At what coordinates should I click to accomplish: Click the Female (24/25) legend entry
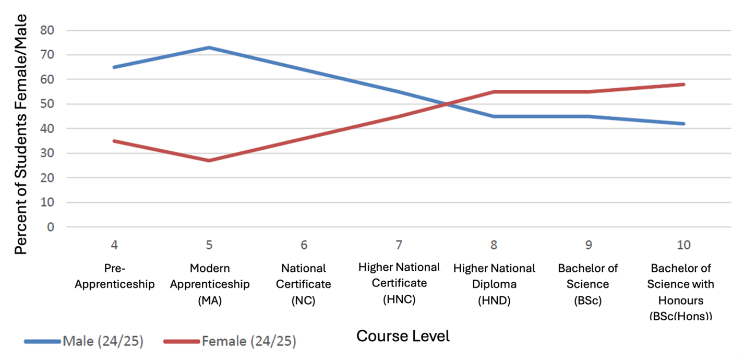pos(249,342)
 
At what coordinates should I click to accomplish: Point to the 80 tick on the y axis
pos(47,30)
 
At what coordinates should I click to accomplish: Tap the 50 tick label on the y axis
pos(47,104)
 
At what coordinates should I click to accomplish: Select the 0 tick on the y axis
pos(51,227)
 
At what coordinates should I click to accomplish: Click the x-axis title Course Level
pos(403,337)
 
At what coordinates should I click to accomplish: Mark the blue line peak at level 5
pos(209,47)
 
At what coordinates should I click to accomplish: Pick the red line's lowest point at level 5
pos(209,161)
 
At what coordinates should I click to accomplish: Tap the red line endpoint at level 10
pos(683,85)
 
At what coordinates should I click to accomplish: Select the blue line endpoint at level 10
pos(683,124)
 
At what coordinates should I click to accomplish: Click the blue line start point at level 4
pos(114,67)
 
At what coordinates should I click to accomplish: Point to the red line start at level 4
pos(114,141)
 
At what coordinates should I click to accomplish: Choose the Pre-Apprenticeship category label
pos(114,277)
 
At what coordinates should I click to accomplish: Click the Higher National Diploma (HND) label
pos(494,284)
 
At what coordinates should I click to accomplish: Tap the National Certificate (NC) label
pos(304,284)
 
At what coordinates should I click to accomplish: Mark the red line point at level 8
pos(494,92)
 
